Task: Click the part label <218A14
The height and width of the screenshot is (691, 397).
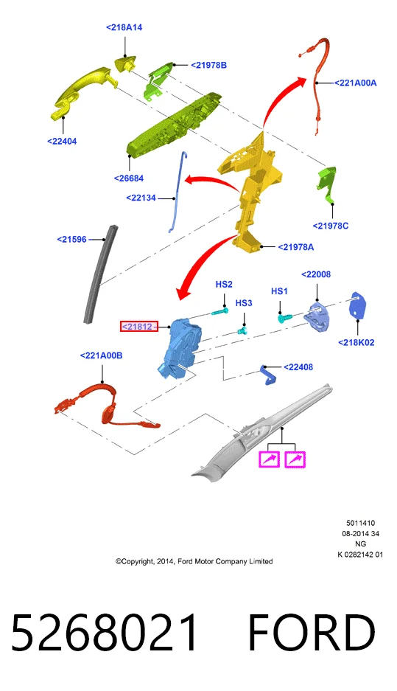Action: click(124, 27)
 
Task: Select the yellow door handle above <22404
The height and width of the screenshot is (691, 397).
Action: click(84, 91)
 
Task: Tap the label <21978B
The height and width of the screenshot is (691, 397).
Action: click(208, 65)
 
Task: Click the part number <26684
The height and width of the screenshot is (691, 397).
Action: click(128, 178)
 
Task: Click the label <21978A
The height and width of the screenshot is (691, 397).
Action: click(296, 247)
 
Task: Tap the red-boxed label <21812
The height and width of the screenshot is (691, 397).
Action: click(139, 327)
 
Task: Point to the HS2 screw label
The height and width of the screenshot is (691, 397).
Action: click(224, 285)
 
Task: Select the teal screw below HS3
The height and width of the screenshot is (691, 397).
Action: click(242, 330)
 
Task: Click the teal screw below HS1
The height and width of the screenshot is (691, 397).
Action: click(284, 317)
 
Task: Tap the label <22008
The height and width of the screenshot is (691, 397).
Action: click(316, 274)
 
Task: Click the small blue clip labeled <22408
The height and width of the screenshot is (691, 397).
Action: click(269, 374)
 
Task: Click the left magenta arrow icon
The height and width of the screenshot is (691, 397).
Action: click(270, 459)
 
